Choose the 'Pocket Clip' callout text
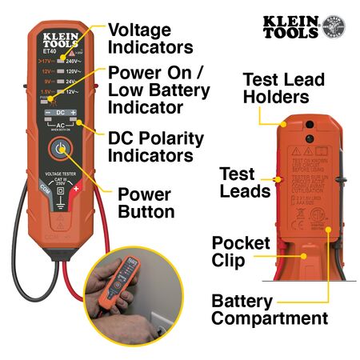(239, 251)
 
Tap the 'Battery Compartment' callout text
(269, 310)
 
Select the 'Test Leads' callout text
(240, 183)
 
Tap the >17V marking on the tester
(47, 59)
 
